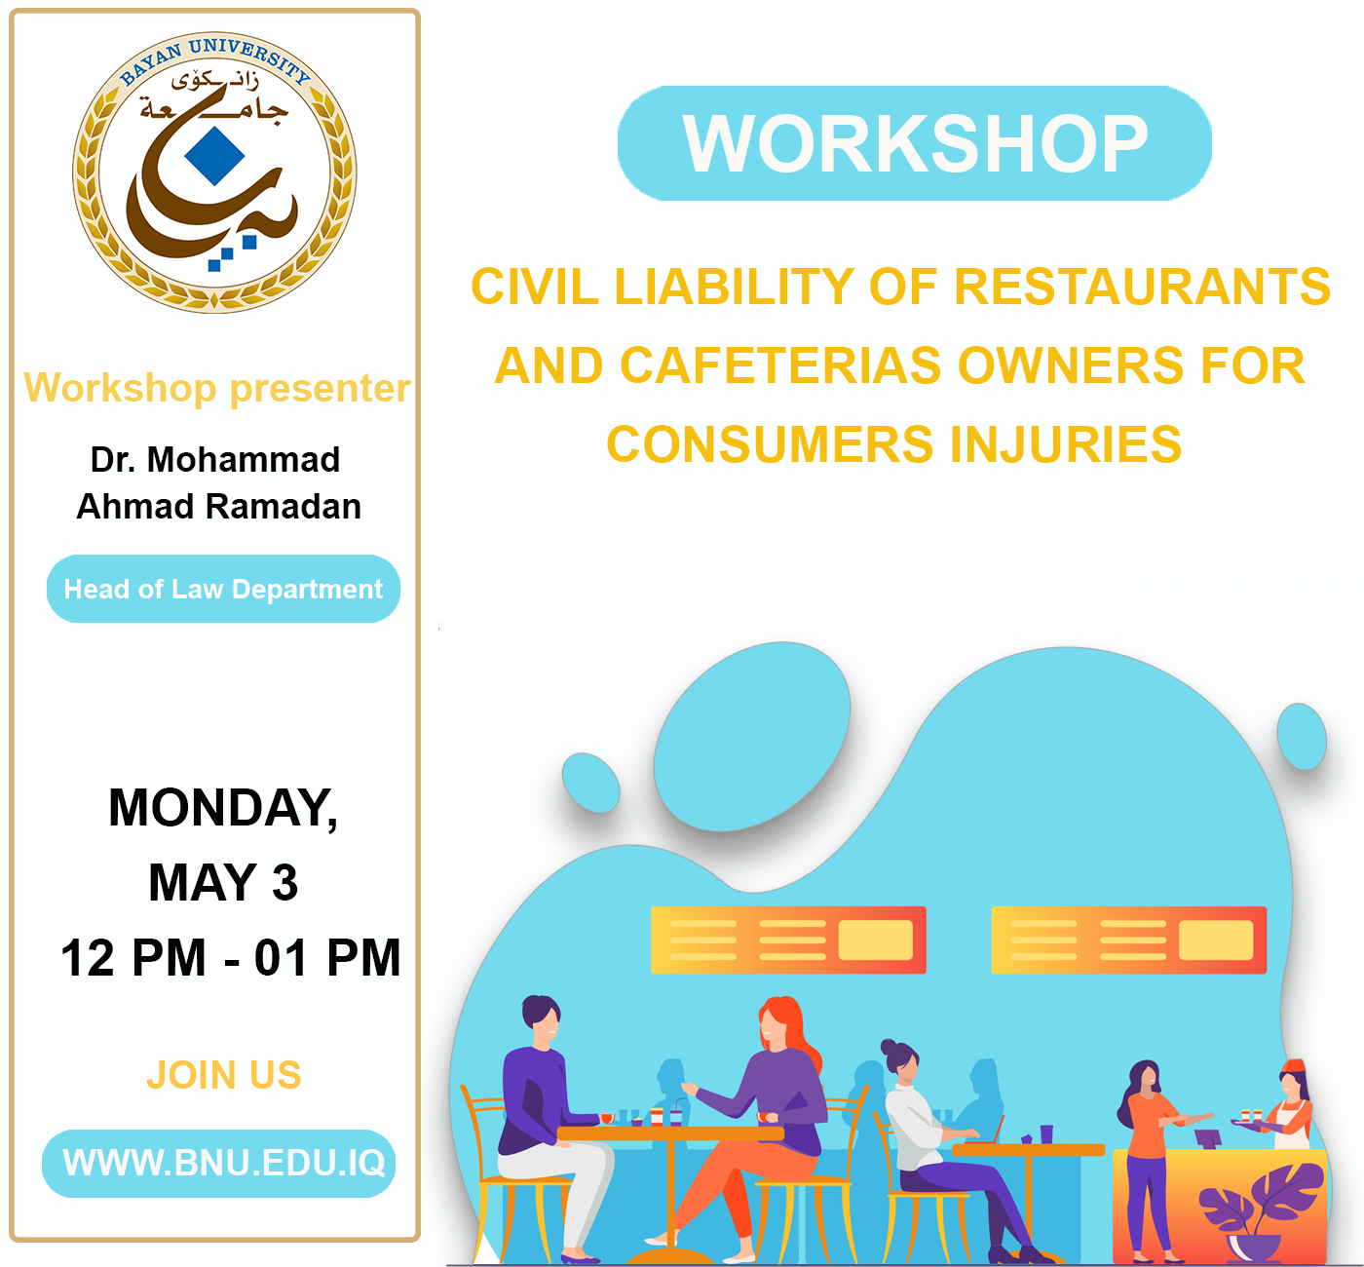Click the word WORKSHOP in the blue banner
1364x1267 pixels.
pos(915,143)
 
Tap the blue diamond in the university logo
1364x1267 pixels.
pos(215,156)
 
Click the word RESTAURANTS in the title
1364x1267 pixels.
pos(1142,287)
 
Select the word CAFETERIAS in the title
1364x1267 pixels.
pos(781,365)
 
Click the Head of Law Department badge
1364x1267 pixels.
pos(223,589)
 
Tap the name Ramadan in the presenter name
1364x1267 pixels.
pos(284,507)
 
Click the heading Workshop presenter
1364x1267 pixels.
pos(217,388)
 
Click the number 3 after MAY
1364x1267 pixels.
pos(285,883)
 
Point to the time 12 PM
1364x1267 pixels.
pos(133,958)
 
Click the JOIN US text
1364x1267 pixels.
pos(224,1075)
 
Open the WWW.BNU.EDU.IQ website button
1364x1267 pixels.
pos(218,1164)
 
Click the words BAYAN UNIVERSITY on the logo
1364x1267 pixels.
pos(215,60)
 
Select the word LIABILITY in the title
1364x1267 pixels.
pos(734,287)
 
